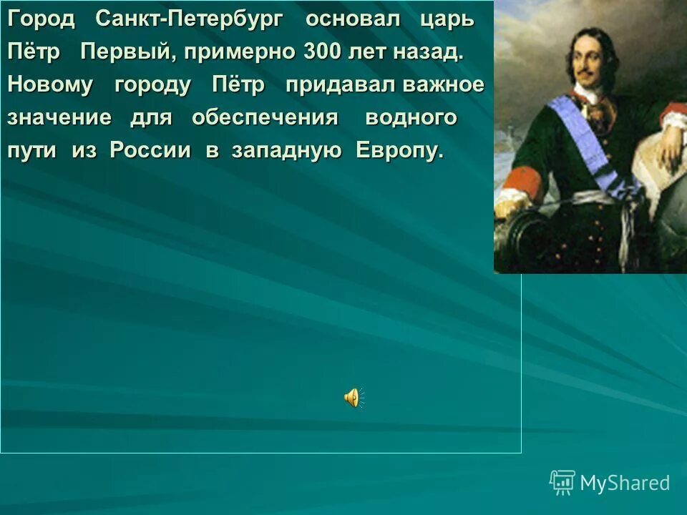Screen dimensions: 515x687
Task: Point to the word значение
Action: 59,118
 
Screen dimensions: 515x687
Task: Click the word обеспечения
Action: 265,118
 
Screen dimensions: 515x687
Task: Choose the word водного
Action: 411,118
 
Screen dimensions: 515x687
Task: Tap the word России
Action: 150,151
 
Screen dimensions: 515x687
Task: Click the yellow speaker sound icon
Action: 353,398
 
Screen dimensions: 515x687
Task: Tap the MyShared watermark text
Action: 625,484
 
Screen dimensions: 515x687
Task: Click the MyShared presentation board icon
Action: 562,483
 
